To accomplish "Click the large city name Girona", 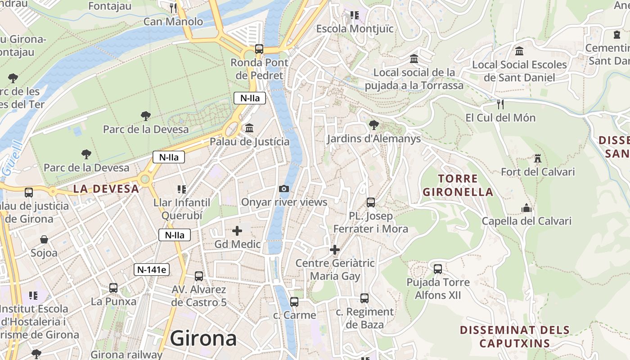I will pos(203,338).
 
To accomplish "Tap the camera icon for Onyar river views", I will pos(284,189).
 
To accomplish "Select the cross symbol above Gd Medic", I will pos(237,231).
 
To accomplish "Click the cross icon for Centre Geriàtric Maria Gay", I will pos(335,249).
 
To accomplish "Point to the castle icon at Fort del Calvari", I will pos(537,158).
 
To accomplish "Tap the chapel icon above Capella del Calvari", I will pos(526,208).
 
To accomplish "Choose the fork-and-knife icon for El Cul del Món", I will pos(500,104).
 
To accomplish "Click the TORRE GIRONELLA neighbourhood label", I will pos(458,185).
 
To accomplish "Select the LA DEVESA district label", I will pos(106,189).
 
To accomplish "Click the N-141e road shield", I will pos(152,270).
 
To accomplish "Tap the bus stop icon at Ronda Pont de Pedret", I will pos(259,49).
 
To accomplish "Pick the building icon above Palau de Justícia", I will pos(249,128).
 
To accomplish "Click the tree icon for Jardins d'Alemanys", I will pos(373,125).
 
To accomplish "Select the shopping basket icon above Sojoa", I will pos(44,239).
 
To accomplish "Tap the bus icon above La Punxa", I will pos(113,288).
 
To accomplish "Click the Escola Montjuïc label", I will pos(355,29).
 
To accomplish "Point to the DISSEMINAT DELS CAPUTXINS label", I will pos(515,337).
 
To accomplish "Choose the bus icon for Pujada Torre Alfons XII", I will pos(438,269).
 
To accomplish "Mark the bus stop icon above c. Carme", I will pos(294,301).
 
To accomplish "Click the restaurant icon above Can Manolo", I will pos(173,8).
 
